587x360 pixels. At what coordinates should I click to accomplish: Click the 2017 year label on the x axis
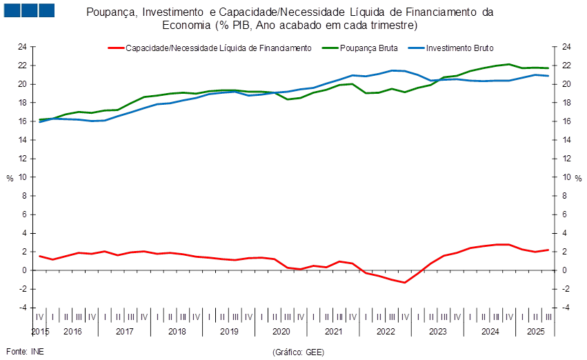pyautogui.click(x=124, y=332)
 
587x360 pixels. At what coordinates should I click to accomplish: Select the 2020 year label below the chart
pyautogui.click(x=281, y=332)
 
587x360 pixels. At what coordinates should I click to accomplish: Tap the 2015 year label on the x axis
pyautogui.click(x=41, y=332)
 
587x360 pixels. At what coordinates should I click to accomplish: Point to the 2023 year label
pyautogui.click(x=437, y=332)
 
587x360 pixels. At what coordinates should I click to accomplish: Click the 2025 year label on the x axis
pyautogui.click(x=535, y=332)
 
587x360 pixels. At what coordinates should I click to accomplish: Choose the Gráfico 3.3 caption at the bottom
pyautogui.click(x=298, y=352)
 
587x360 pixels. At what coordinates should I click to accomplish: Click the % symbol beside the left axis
pyautogui.click(x=10, y=177)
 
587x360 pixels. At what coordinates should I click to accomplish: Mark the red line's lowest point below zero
pyautogui.click(x=404, y=282)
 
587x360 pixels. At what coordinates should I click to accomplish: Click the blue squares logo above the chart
pyautogui.click(x=28, y=10)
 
